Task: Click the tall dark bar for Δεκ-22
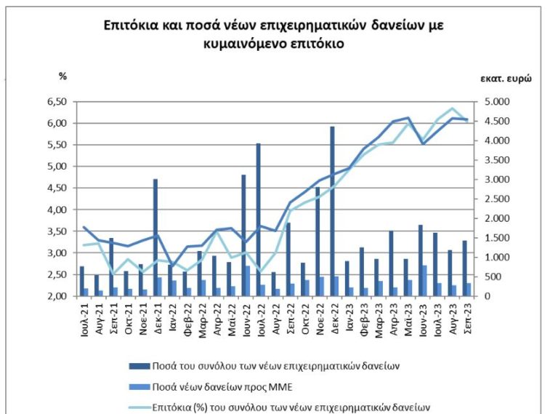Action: [x=332, y=211]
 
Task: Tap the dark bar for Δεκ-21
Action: [x=155, y=237]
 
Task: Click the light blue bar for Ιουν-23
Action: [x=424, y=281]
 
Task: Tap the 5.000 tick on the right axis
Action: [x=494, y=102]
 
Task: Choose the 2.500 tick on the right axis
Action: [x=494, y=199]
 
